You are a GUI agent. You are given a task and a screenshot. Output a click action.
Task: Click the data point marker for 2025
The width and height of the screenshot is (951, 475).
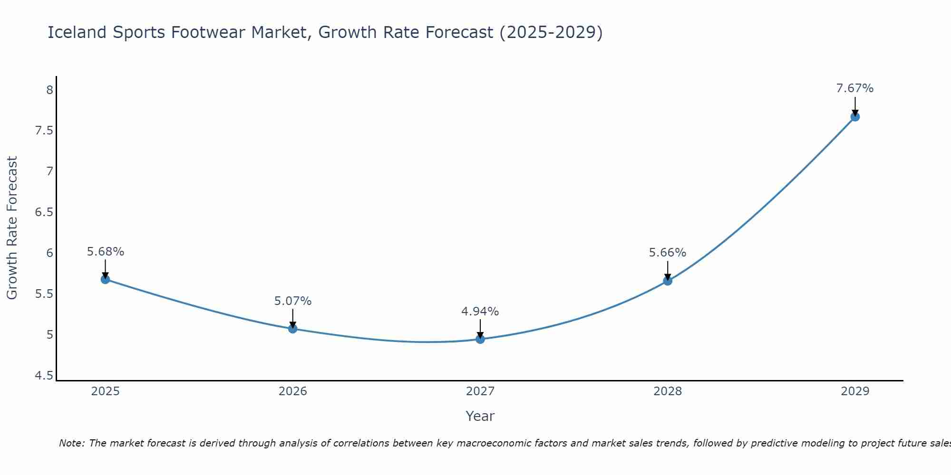point(106,279)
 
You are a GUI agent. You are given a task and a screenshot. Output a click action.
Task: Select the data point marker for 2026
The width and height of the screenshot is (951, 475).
point(293,329)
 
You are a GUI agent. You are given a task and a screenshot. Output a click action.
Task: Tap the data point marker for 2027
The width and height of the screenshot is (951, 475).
point(480,339)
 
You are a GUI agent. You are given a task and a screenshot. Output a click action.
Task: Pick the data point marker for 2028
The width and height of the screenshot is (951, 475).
point(668,281)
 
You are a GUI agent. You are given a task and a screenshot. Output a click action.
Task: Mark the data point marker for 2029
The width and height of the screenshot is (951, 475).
point(855,117)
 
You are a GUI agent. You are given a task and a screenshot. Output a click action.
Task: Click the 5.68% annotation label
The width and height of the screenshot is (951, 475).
point(106,252)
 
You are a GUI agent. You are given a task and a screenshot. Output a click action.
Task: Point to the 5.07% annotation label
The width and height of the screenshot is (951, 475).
point(293,301)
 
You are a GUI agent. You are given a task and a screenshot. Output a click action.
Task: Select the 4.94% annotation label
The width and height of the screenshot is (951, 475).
point(480,312)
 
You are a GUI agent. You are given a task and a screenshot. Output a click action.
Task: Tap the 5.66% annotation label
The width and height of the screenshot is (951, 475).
point(668,253)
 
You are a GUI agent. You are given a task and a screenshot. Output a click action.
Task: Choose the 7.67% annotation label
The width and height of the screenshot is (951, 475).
point(855,88)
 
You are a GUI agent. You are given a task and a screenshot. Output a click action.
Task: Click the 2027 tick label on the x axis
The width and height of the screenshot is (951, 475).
point(480,391)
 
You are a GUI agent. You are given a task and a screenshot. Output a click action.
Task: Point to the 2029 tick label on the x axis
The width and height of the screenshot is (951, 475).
point(855,391)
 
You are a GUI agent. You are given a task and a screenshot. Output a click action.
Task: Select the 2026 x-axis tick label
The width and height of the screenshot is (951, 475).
point(293,391)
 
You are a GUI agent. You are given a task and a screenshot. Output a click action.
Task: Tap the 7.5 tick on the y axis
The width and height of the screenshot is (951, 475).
point(44,131)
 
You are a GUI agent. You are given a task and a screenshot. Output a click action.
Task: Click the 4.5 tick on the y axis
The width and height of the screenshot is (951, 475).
point(44,376)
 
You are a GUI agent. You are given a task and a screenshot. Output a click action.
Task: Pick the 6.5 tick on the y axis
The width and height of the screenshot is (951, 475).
point(44,212)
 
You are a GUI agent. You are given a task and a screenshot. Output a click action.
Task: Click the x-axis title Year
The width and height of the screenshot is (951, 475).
point(480,416)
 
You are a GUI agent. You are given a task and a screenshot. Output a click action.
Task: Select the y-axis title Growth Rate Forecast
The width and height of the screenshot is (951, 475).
point(12,228)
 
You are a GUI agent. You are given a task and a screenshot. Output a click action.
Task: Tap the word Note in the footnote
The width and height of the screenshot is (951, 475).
point(72,443)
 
